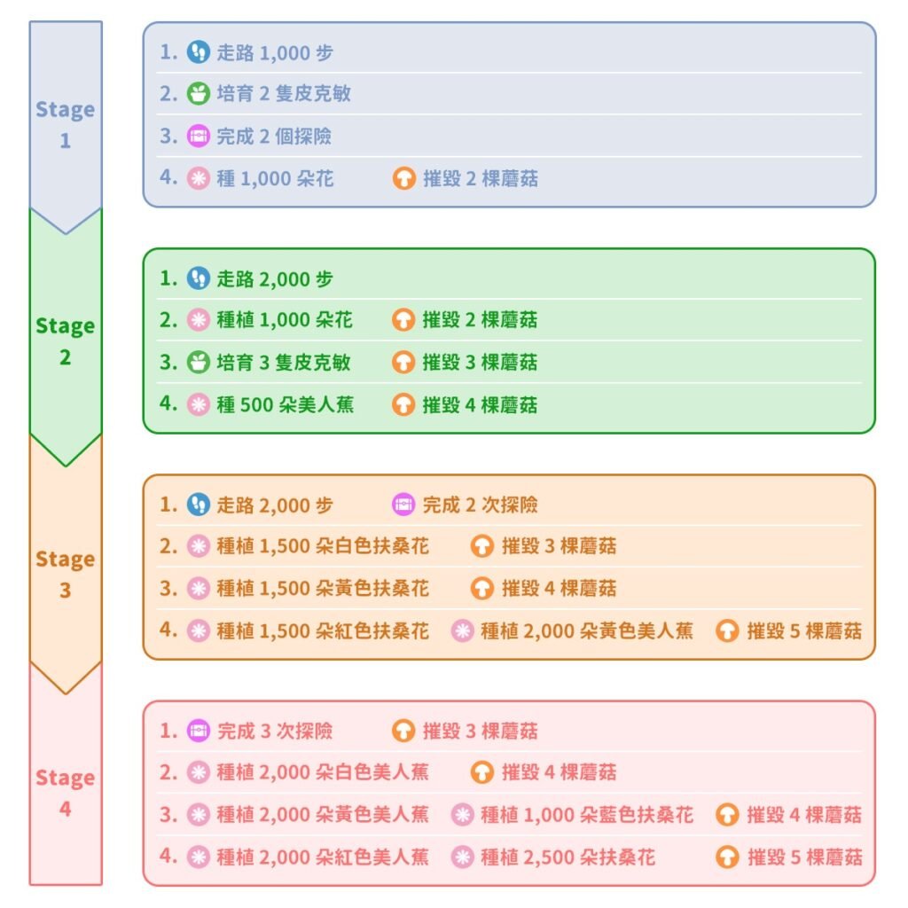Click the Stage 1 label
[x=65, y=124]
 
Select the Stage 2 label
[x=65, y=341]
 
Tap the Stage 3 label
[x=65, y=575]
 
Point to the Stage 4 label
[x=65, y=793]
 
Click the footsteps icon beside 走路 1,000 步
[x=198, y=52]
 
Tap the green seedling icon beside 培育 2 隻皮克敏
[x=198, y=94]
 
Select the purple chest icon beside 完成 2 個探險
[x=198, y=136]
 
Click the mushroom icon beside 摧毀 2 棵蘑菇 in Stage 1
[x=404, y=178]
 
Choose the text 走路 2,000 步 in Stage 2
[x=275, y=279]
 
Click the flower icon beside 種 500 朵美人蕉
[x=198, y=404]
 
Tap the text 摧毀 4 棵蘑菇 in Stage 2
[x=480, y=404]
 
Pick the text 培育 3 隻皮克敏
[x=284, y=363]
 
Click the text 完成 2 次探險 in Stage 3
[x=480, y=505]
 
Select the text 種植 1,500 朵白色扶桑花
[x=323, y=546]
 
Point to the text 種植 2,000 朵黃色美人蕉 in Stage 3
[x=587, y=630]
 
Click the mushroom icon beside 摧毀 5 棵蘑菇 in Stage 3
[x=727, y=630]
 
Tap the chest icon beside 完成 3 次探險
[x=198, y=731]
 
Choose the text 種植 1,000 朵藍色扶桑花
[x=587, y=815]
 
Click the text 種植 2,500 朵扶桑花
[x=567, y=857]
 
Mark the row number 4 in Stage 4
[x=168, y=856]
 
